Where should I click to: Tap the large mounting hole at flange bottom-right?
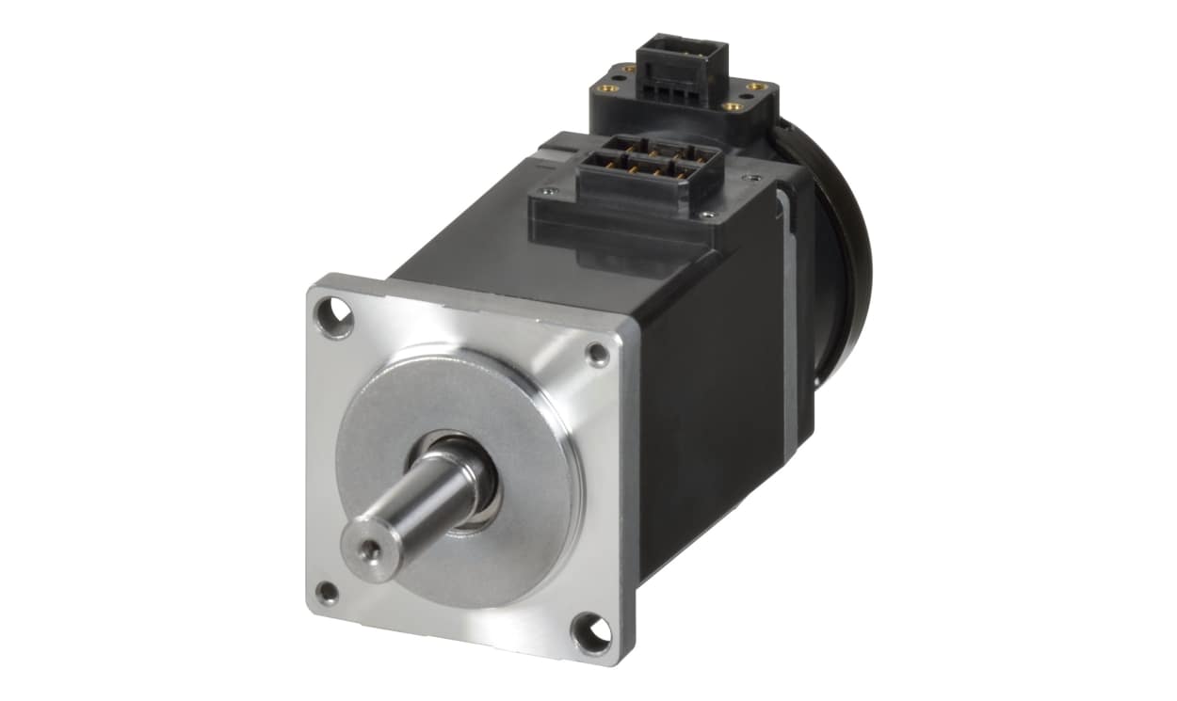coord(590,632)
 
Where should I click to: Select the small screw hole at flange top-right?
coord(597,355)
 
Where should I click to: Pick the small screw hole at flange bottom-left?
coord(327,593)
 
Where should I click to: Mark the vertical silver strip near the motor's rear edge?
coord(789,311)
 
